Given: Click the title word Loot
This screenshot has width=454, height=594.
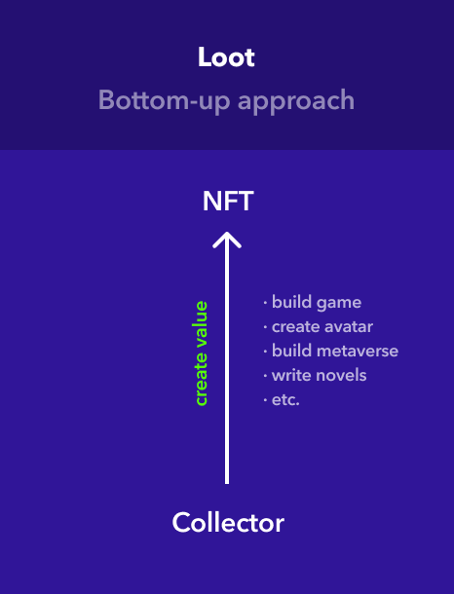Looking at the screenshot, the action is (x=226, y=57).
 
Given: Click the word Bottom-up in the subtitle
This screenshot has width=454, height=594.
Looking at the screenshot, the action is (x=164, y=100).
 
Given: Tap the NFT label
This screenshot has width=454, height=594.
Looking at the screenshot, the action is (x=228, y=202).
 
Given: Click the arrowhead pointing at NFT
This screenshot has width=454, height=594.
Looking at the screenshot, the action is (x=227, y=240).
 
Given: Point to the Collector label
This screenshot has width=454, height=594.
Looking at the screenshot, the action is (x=228, y=522).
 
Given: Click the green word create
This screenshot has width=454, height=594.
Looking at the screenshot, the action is (x=202, y=379).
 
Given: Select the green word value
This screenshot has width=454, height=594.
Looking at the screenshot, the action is (x=202, y=325).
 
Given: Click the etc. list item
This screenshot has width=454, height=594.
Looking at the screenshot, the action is (x=285, y=400).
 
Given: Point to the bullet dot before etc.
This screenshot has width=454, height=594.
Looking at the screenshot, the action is (x=265, y=400).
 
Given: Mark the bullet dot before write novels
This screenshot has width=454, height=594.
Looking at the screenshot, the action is (x=265, y=376).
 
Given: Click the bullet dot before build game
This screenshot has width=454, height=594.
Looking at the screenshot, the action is (x=265, y=303).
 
